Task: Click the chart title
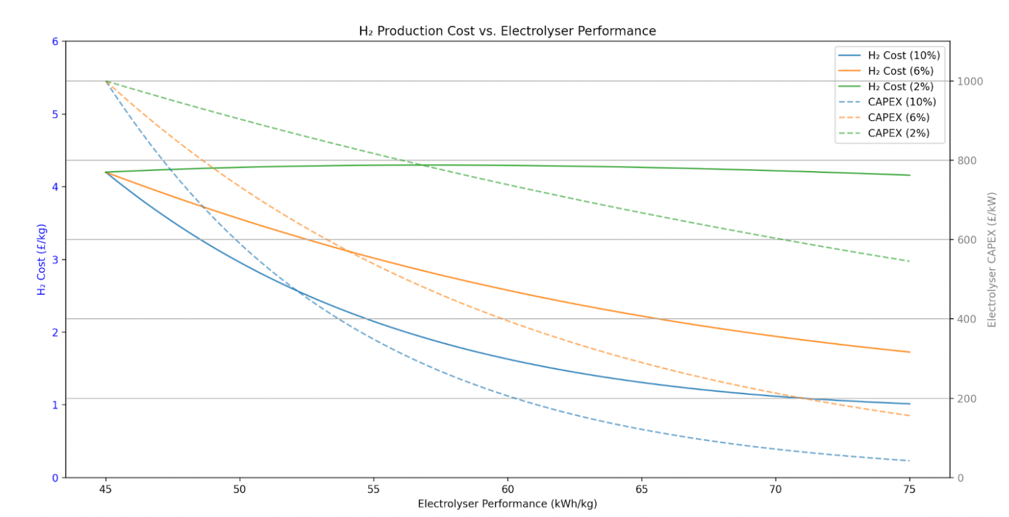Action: pos(507,31)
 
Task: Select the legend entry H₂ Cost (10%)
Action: pos(904,56)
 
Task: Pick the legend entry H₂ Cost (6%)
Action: pos(900,71)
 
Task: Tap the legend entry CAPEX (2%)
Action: pos(898,133)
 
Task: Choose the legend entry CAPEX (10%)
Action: pos(902,102)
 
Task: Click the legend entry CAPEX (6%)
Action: pos(898,118)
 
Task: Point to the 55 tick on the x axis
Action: pos(373,489)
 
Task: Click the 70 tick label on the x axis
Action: pos(776,489)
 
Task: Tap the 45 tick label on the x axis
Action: pos(105,489)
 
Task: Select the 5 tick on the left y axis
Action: pos(55,114)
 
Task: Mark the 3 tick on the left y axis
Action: pos(55,260)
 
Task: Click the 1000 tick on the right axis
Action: pos(970,82)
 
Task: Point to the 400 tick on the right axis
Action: pos(967,320)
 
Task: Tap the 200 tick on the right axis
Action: pos(967,399)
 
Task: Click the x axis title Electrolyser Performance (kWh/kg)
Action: pos(507,504)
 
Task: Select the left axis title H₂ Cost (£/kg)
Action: pos(42,260)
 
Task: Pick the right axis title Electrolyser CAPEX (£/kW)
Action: pos(992,260)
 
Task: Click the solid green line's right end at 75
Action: pos(909,175)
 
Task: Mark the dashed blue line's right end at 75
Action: pos(909,460)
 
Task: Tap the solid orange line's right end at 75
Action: pos(909,352)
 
